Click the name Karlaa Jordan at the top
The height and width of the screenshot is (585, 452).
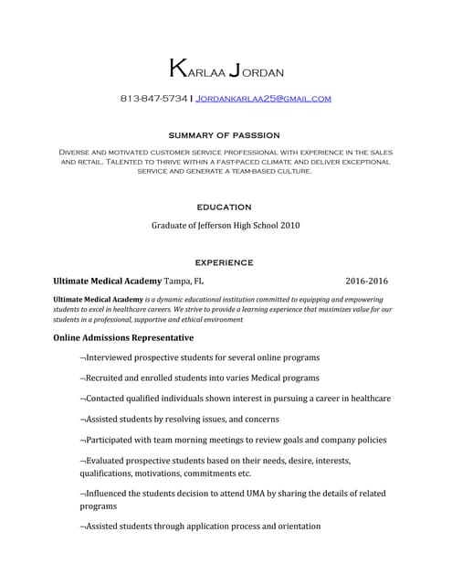(x=226, y=69)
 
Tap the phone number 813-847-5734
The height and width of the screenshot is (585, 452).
(x=153, y=98)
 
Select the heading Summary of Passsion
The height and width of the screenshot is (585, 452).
(x=226, y=134)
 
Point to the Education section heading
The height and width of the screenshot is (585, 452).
(x=225, y=207)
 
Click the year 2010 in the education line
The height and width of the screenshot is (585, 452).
(x=289, y=225)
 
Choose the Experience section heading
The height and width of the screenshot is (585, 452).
(x=225, y=262)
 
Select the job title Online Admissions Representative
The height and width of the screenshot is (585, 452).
(x=123, y=338)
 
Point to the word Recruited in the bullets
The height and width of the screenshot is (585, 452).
(x=110, y=378)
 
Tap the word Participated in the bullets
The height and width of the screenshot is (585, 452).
(x=116, y=440)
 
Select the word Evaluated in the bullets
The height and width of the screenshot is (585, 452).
(x=111, y=461)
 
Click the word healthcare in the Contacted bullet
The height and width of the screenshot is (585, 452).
(x=367, y=399)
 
